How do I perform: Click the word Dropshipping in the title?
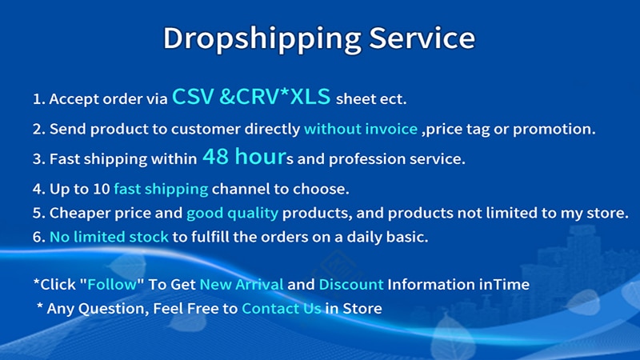[262, 39]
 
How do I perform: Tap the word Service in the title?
[422, 38]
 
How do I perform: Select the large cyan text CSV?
[193, 97]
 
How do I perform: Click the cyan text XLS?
[310, 97]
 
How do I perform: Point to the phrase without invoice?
[361, 129]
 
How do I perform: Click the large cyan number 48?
[215, 156]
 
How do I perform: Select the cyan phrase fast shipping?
[161, 190]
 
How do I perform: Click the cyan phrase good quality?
[232, 214]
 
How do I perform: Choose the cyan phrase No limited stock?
[109, 237]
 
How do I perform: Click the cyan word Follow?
[112, 284]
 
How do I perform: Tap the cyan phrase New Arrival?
[242, 284]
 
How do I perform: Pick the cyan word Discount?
[351, 284]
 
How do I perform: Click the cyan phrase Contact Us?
[282, 308]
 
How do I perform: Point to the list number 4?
[38, 189]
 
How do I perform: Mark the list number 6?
[38, 237]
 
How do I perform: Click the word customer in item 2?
[206, 129]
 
